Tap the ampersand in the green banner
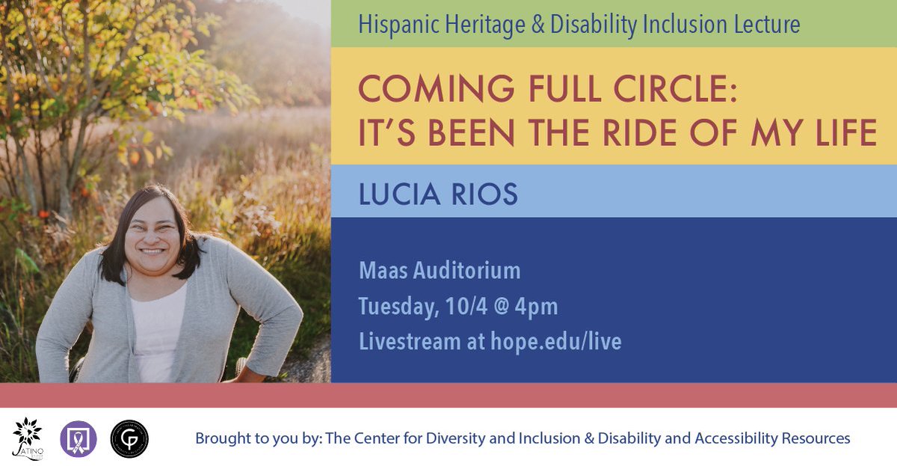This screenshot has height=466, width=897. [536, 25]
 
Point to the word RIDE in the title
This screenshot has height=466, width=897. [636, 133]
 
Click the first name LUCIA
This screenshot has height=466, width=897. [400, 194]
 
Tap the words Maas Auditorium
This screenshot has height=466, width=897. [440, 270]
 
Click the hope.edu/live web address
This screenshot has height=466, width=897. [555, 342]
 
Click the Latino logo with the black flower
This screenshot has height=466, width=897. [28, 438]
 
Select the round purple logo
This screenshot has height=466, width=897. [78, 438]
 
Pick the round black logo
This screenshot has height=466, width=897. [129, 438]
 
